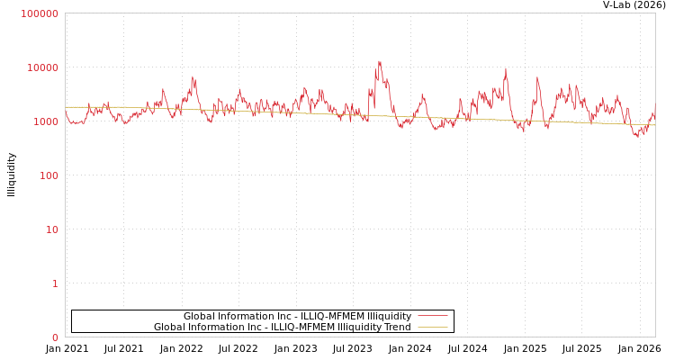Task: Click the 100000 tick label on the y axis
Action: pyautogui.click(x=40, y=13)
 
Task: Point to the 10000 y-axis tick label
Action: pyautogui.click(x=42, y=67)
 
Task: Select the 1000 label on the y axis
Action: pyautogui.click(x=45, y=121)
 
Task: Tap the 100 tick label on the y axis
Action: pyautogui.click(x=48, y=175)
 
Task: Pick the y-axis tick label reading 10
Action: pyautogui.click(x=52, y=229)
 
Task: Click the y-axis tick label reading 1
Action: pyautogui.click(x=55, y=283)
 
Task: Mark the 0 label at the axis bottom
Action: pyautogui.click(x=55, y=337)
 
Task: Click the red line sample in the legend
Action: pyautogui.click(x=432, y=317)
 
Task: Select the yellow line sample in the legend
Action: pyautogui.click(x=432, y=328)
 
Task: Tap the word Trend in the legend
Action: pyautogui.click(x=397, y=328)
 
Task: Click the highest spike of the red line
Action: pyautogui.click(x=379, y=61)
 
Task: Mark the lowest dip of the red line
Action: pyautogui.click(x=636, y=136)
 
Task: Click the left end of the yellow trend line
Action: pyautogui.click(x=66, y=107)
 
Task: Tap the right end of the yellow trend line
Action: pyautogui.click(x=654, y=125)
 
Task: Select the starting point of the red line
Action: pyautogui.click(x=66, y=112)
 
